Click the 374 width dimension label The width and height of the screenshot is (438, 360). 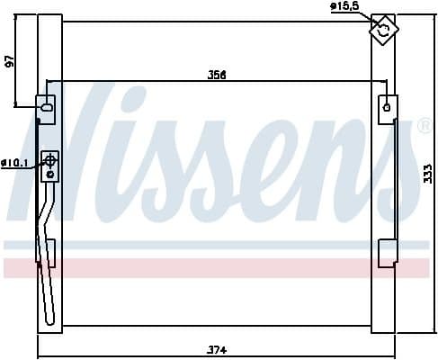pyautogui.click(x=218, y=349)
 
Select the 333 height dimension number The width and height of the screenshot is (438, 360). pyautogui.click(x=427, y=174)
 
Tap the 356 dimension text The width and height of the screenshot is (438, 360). pyautogui.click(x=217, y=75)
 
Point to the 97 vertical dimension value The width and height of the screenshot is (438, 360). pyautogui.click(x=10, y=61)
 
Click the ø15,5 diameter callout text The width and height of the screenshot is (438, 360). pyautogui.click(x=344, y=6)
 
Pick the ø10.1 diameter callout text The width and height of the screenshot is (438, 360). pyautogui.click(x=14, y=163)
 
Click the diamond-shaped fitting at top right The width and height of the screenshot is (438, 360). pyautogui.click(x=384, y=30)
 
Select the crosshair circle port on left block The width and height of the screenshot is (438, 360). pyautogui.click(x=50, y=161)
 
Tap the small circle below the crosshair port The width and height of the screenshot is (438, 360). pyautogui.click(x=50, y=175)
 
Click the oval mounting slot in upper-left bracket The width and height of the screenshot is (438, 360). pyautogui.click(x=47, y=107)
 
